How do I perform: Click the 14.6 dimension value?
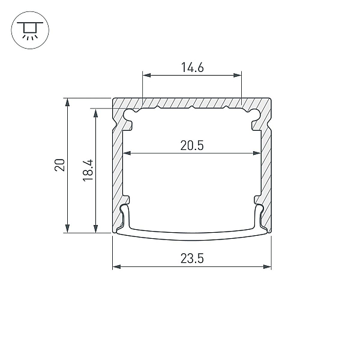click(193, 67)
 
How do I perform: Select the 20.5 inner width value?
click(192, 146)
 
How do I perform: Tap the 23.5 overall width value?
click(192, 259)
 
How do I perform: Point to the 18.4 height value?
click(88, 170)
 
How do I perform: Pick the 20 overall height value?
click(59, 164)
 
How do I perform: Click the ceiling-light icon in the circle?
click(30, 31)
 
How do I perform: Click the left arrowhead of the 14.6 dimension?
click(147, 75)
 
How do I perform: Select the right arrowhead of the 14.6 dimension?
click(238, 75)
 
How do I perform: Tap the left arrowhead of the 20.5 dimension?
click(127, 153)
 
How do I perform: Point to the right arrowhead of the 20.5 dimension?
click(257, 153)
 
